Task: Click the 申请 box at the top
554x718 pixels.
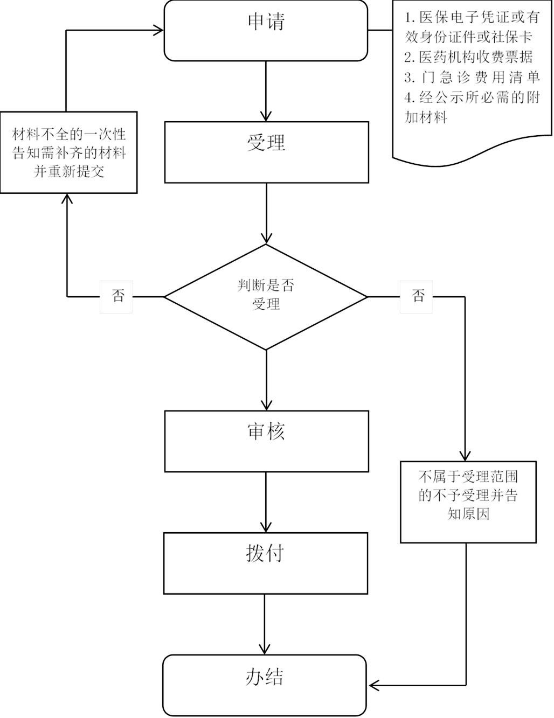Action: pyautogui.click(x=266, y=30)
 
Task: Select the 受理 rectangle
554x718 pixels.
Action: pyautogui.click(x=266, y=152)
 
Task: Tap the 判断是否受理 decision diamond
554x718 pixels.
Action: pyautogui.click(x=266, y=296)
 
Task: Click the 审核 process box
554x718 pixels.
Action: pyautogui.click(x=266, y=441)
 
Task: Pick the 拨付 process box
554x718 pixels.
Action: pyautogui.click(x=265, y=563)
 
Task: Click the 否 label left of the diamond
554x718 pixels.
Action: pyautogui.click(x=116, y=296)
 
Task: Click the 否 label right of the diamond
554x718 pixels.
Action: pyautogui.click(x=415, y=296)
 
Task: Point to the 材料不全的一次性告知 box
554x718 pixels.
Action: pyautogui.click(x=68, y=152)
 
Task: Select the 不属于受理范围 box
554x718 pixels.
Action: pyautogui.click(x=468, y=501)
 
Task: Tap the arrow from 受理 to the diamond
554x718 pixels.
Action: pyautogui.click(x=266, y=213)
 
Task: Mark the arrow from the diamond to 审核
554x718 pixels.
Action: pyautogui.click(x=266, y=380)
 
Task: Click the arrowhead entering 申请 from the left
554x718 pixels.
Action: pyautogui.click(x=158, y=30)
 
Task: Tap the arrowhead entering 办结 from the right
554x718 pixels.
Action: pyautogui.click(x=373, y=686)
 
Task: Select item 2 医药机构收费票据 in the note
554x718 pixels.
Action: pyautogui.click(x=468, y=57)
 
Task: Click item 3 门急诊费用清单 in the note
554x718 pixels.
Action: pyautogui.click(x=472, y=78)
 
